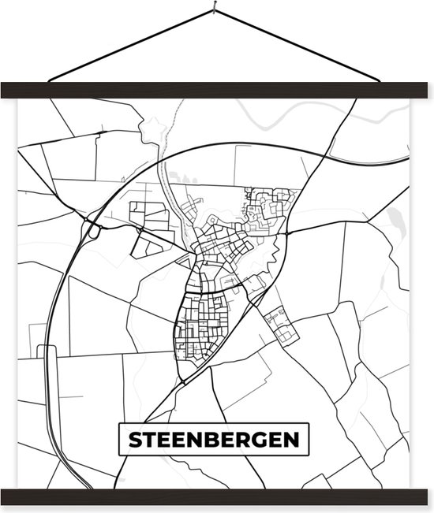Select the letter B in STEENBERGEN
[213, 441]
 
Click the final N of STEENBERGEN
[297, 441]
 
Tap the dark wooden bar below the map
[216, 497]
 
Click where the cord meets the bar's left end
[49, 80]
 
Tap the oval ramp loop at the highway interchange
[94, 231]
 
